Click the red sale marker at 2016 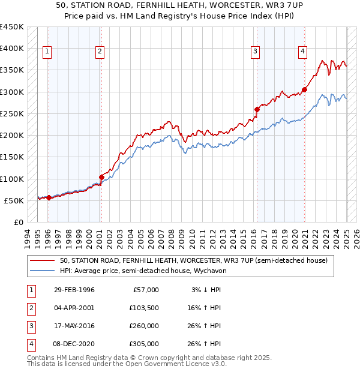(257, 109)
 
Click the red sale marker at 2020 (305, 90)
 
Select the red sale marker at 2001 (101, 177)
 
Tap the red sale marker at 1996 (49, 197)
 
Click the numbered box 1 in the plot (47, 52)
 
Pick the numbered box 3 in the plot (256, 52)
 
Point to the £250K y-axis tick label (12, 113)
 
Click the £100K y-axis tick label (12, 179)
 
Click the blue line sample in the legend (42, 271)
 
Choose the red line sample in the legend (42, 261)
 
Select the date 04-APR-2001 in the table (74, 308)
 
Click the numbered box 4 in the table (30, 344)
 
